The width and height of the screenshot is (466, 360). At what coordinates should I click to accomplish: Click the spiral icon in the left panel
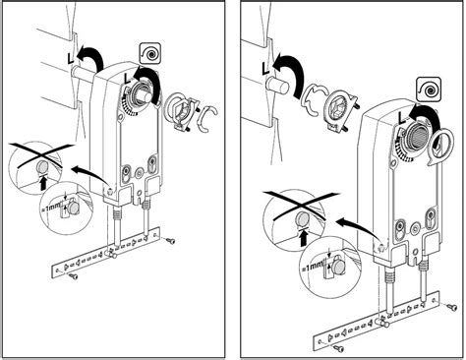tap(150, 53)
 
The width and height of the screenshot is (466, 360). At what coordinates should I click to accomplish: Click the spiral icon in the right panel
tap(429, 89)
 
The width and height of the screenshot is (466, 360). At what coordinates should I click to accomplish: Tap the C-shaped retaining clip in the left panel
tap(207, 119)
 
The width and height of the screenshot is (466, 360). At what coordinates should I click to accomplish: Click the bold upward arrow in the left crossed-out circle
tap(42, 183)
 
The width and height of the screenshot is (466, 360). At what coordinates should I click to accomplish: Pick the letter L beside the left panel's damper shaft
tap(71, 59)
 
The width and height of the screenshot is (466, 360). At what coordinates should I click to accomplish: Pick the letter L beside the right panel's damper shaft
tap(266, 68)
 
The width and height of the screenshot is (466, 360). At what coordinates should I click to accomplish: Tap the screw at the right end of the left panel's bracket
tap(170, 241)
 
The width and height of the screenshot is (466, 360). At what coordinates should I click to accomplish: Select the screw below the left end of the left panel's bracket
tap(74, 276)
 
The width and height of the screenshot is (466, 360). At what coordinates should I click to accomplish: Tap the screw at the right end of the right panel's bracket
tap(451, 307)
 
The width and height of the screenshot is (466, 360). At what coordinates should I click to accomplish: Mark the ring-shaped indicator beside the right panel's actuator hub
tap(442, 145)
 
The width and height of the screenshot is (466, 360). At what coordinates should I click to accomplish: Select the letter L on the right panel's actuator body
tap(402, 118)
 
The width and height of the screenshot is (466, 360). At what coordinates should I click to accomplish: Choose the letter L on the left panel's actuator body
tap(129, 78)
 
